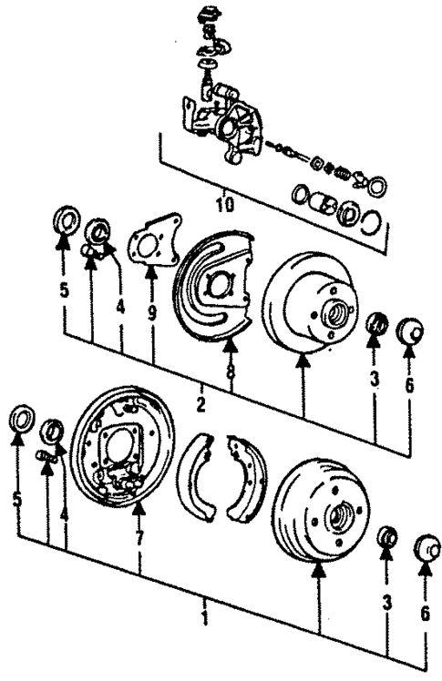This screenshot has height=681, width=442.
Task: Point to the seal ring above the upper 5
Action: point(64,221)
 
